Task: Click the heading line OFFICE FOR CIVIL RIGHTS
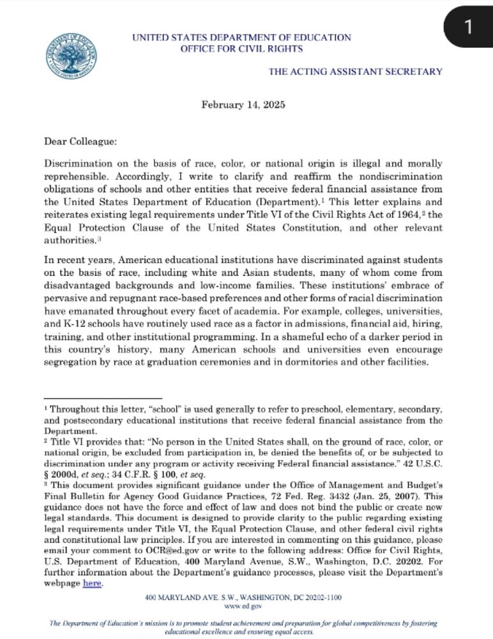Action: coord(241,49)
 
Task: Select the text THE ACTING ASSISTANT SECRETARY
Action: coord(355,72)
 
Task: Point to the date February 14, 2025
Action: coord(243,104)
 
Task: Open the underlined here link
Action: coord(93,583)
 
